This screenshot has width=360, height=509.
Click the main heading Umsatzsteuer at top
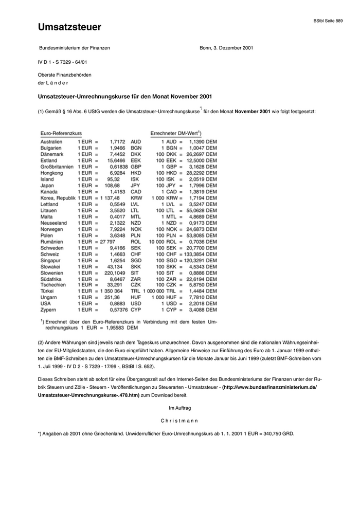click(69, 27)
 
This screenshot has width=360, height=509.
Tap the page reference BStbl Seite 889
click(328, 21)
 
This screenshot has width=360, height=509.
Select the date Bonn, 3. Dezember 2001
click(226, 48)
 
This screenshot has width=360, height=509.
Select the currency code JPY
click(136, 185)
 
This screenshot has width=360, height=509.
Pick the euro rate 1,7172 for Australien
click(117, 141)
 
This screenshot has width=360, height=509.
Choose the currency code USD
click(136, 303)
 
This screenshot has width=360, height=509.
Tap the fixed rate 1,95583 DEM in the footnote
click(121, 328)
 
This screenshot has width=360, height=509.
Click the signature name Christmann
click(179, 420)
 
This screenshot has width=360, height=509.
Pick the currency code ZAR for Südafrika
click(136, 279)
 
